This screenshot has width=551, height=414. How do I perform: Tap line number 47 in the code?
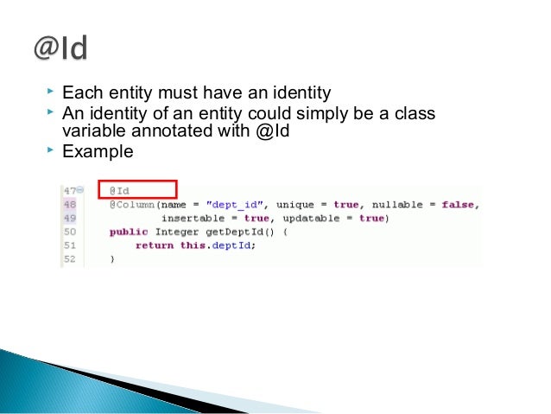coord(67,190)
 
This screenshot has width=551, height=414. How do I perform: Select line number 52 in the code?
coord(68,258)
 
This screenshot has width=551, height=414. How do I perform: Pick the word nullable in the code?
coord(396,204)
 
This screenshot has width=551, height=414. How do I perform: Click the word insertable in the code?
coord(191,218)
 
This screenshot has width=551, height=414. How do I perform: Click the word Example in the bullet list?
coord(98,151)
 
